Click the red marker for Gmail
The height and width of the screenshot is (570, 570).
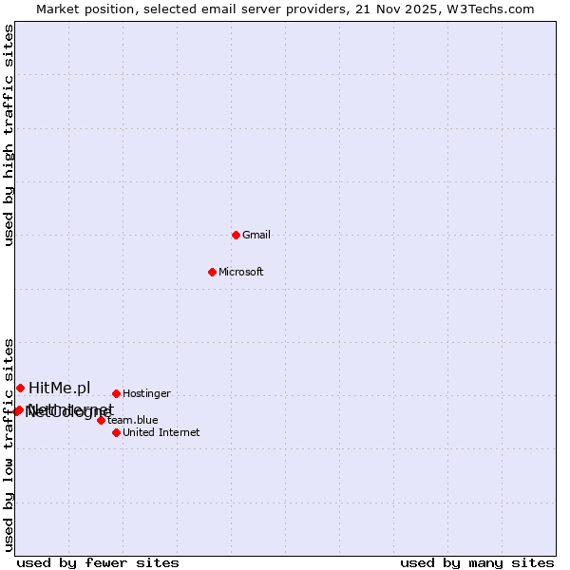point(236,235)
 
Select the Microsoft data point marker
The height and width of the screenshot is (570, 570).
point(212,272)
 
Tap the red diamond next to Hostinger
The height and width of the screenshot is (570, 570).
point(116,393)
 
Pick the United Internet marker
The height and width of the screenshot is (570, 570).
point(116,432)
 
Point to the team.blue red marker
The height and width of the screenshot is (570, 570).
point(101,420)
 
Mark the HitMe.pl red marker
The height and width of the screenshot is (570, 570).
point(20,388)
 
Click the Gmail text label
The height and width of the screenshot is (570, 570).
point(256,235)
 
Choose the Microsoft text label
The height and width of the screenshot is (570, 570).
point(241,272)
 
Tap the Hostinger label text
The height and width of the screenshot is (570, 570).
point(146,393)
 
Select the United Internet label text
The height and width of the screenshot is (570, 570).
point(161,432)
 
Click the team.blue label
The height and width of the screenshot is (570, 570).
point(132,420)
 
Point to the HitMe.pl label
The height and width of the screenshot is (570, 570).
point(59,388)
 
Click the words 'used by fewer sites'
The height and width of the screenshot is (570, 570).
point(98,562)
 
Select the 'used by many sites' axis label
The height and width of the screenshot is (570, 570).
point(477,562)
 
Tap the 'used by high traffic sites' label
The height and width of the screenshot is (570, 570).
point(9,136)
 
